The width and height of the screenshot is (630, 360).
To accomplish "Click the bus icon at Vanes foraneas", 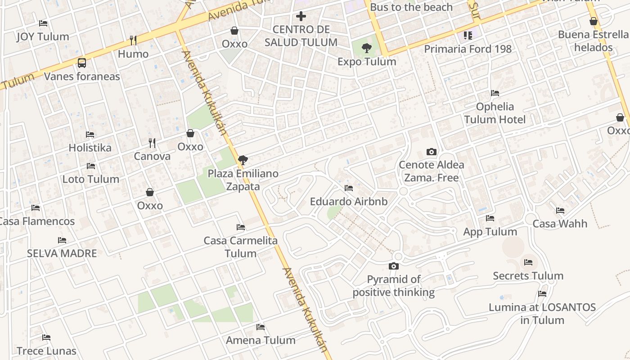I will coord(81,63).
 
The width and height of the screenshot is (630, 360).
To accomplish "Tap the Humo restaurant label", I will coord(133,54).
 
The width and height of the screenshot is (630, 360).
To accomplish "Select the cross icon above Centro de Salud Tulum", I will coord(301,17).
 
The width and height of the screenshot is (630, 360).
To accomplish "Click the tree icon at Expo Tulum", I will coord(367,48).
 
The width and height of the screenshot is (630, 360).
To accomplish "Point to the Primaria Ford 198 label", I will coord(468,49).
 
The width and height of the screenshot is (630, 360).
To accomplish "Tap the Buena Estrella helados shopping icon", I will coord(594,21).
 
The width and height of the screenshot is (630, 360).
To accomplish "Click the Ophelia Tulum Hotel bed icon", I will coord(495,93).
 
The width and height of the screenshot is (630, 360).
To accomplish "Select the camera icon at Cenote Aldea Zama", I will coord(432,152).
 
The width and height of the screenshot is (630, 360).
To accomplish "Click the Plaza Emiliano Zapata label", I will coord(243,180).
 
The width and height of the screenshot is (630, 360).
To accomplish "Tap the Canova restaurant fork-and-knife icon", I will coord(152,143).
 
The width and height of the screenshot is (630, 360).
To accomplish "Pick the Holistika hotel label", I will coord(90,148).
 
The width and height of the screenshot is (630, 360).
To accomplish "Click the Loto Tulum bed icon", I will coord(91,166).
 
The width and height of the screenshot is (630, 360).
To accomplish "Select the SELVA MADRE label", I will coord(62,253).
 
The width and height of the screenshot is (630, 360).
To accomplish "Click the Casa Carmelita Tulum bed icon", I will coord(241,227).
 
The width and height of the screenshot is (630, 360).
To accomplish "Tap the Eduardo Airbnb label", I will coord(349,201).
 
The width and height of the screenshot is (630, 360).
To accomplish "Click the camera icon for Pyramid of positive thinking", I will coord(394,266).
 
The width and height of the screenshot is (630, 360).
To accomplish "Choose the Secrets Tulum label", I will coord(528,276).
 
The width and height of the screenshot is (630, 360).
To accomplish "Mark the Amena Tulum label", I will coord(261,340).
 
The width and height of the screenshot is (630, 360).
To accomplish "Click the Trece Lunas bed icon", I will coord(46,337).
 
